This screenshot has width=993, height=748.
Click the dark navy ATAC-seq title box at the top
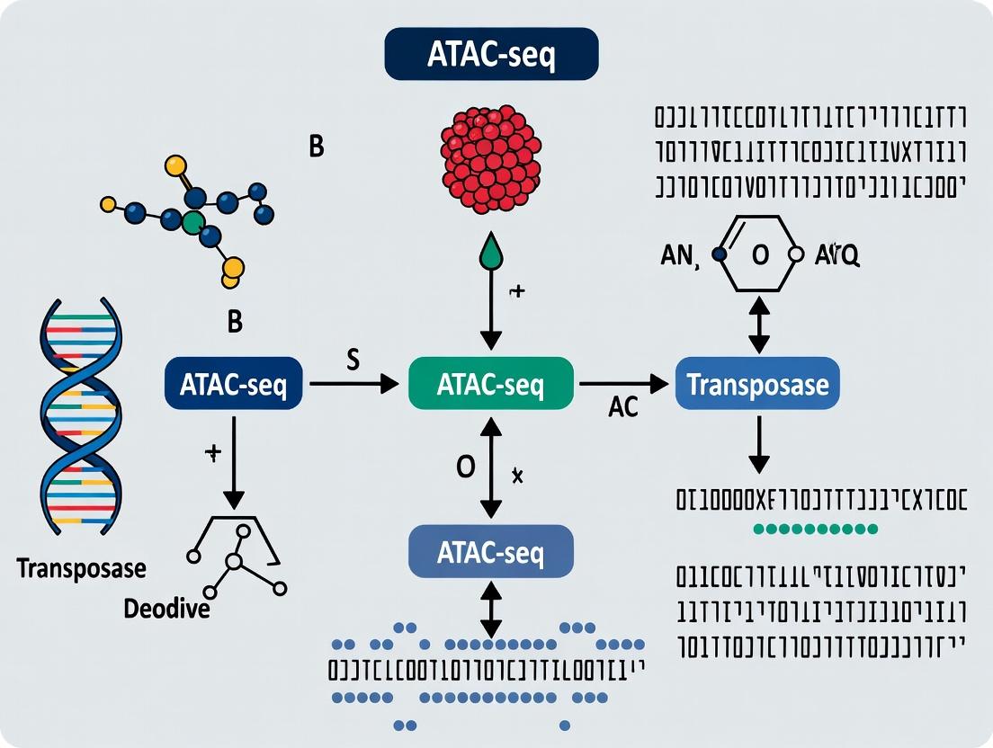491,56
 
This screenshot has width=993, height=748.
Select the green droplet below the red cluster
490,253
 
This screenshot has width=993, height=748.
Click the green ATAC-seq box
490,384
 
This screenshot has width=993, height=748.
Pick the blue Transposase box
757,385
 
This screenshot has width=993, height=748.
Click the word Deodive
166,609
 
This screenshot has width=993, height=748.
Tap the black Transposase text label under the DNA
81,568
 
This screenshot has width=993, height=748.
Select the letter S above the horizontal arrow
353,361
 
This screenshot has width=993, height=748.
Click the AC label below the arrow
622,407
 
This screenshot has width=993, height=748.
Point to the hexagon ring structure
758,254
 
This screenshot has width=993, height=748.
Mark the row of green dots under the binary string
815,529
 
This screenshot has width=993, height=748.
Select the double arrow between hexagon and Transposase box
759,325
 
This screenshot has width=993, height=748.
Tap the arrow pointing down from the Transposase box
759,446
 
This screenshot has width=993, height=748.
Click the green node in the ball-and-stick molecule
192,222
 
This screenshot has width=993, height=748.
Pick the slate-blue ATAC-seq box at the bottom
490,551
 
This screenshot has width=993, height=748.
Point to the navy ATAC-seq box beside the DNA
233,385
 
